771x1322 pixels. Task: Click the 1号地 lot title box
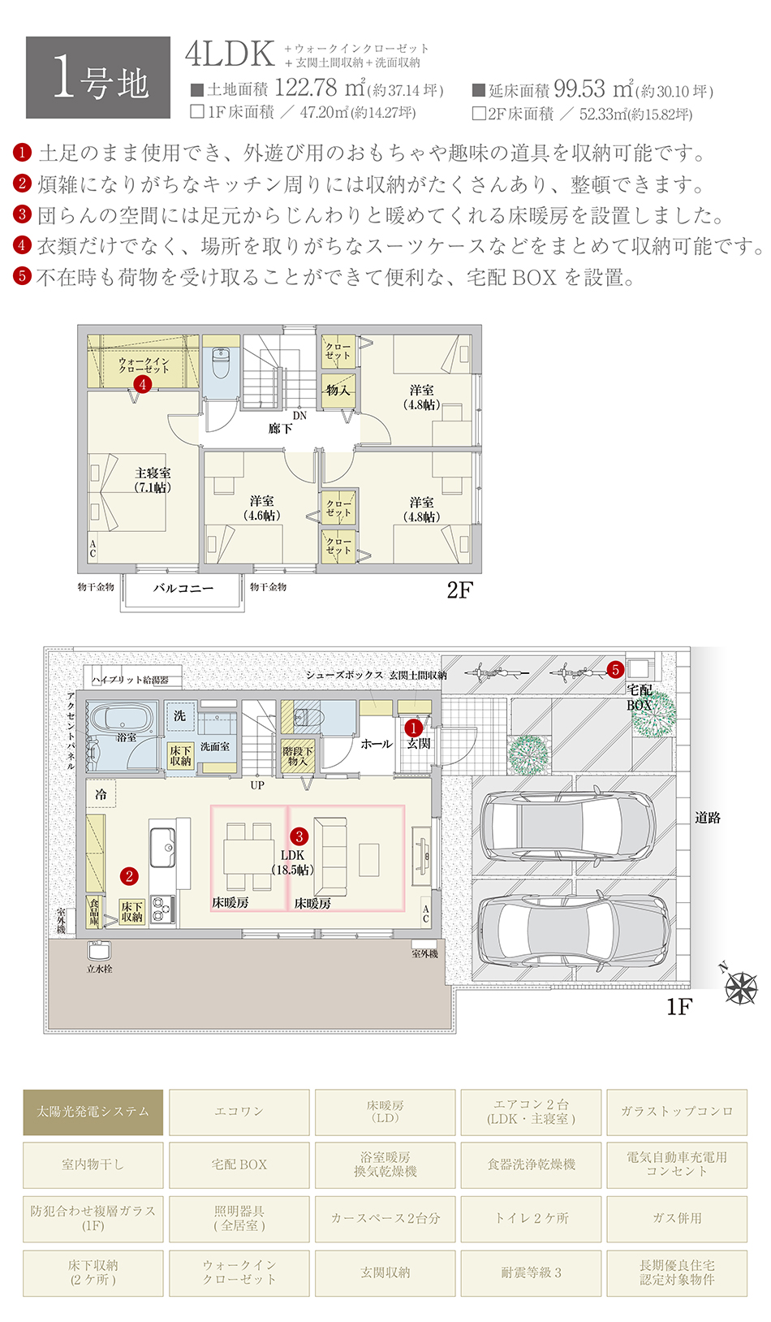(98, 78)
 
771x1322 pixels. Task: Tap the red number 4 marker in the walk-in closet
(143, 384)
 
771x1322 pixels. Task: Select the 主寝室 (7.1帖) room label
(153, 480)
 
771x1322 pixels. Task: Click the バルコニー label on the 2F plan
(183, 588)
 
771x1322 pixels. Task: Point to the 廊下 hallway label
(280, 428)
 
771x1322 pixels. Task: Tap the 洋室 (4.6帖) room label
(261, 508)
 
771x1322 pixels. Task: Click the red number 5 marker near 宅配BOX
(615, 670)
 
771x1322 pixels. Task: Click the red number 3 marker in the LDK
(299, 836)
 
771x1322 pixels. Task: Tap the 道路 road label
(708, 818)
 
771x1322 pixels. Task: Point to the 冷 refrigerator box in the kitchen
(101, 794)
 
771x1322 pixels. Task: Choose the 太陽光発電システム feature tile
(93, 1112)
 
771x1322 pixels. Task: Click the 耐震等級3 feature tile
(531, 1272)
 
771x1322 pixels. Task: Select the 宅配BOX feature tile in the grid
(239, 1164)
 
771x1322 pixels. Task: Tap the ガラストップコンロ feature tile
(676, 1112)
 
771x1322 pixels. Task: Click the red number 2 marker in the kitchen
(129, 876)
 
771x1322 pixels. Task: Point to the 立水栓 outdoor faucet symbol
(99, 951)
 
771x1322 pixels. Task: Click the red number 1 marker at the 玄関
(413, 728)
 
